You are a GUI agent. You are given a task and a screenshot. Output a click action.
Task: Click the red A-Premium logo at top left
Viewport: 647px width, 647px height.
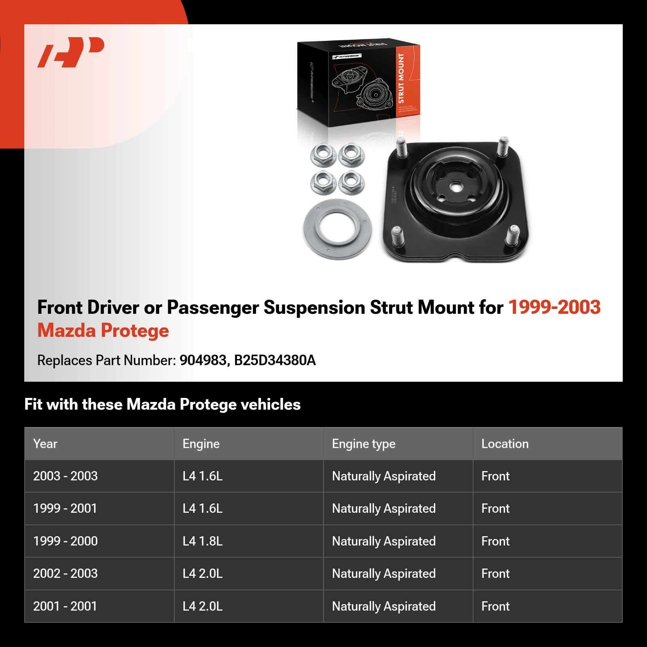pos(71,52)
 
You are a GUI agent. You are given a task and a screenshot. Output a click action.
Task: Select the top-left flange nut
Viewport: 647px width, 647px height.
pos(323,155)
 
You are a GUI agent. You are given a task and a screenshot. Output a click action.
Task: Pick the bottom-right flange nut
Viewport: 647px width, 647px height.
pos(351,182)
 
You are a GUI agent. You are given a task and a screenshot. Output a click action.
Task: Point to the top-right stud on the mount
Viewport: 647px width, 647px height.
pos(503,147)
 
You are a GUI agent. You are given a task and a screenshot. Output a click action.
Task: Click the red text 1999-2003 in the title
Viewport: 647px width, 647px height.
pos(554,307)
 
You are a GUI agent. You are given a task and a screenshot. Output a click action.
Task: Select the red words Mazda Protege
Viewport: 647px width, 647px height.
pos(103,331)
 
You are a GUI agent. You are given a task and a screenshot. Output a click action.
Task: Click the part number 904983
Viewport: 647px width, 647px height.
pos(203,360)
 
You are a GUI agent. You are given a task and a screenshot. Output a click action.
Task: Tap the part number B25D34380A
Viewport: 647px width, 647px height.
pos(275,360)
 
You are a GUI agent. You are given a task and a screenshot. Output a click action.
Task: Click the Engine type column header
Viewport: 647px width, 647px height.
pos(364,444)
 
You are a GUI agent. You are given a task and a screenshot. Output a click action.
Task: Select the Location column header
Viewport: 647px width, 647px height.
pos(505,444)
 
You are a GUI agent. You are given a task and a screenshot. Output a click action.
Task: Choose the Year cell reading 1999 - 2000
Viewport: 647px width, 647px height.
pos(66,541)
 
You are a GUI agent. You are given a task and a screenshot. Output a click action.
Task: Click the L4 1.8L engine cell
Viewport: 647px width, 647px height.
pos(203,541)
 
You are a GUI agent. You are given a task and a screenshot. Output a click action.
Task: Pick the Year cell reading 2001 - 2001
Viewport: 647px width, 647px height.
pos(65,606)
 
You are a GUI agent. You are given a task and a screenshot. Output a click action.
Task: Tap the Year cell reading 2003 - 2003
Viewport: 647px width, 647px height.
pos(66,476)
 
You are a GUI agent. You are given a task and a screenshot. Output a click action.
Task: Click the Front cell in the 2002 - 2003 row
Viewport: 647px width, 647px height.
pos(495,573)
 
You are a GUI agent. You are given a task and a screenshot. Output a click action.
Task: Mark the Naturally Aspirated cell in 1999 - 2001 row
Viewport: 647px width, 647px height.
pos(384,509)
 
